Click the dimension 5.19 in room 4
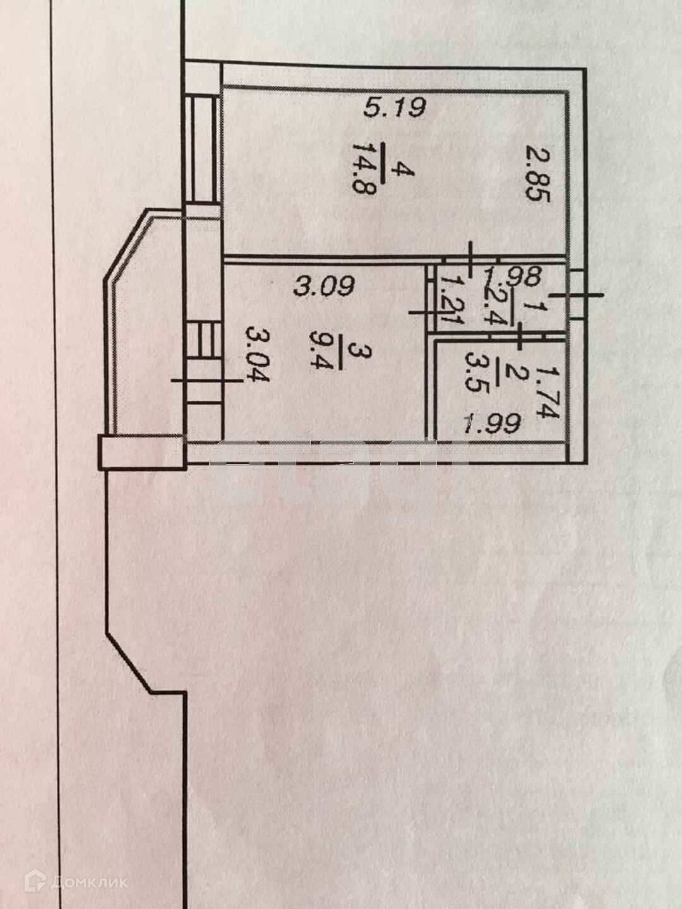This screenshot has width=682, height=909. click(x=397, y=108)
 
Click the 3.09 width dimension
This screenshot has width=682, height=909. click(x=323, y=287)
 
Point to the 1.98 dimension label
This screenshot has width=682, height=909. click(x=512, y=276)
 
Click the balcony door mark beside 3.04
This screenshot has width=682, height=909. click(x=205, y=380)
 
